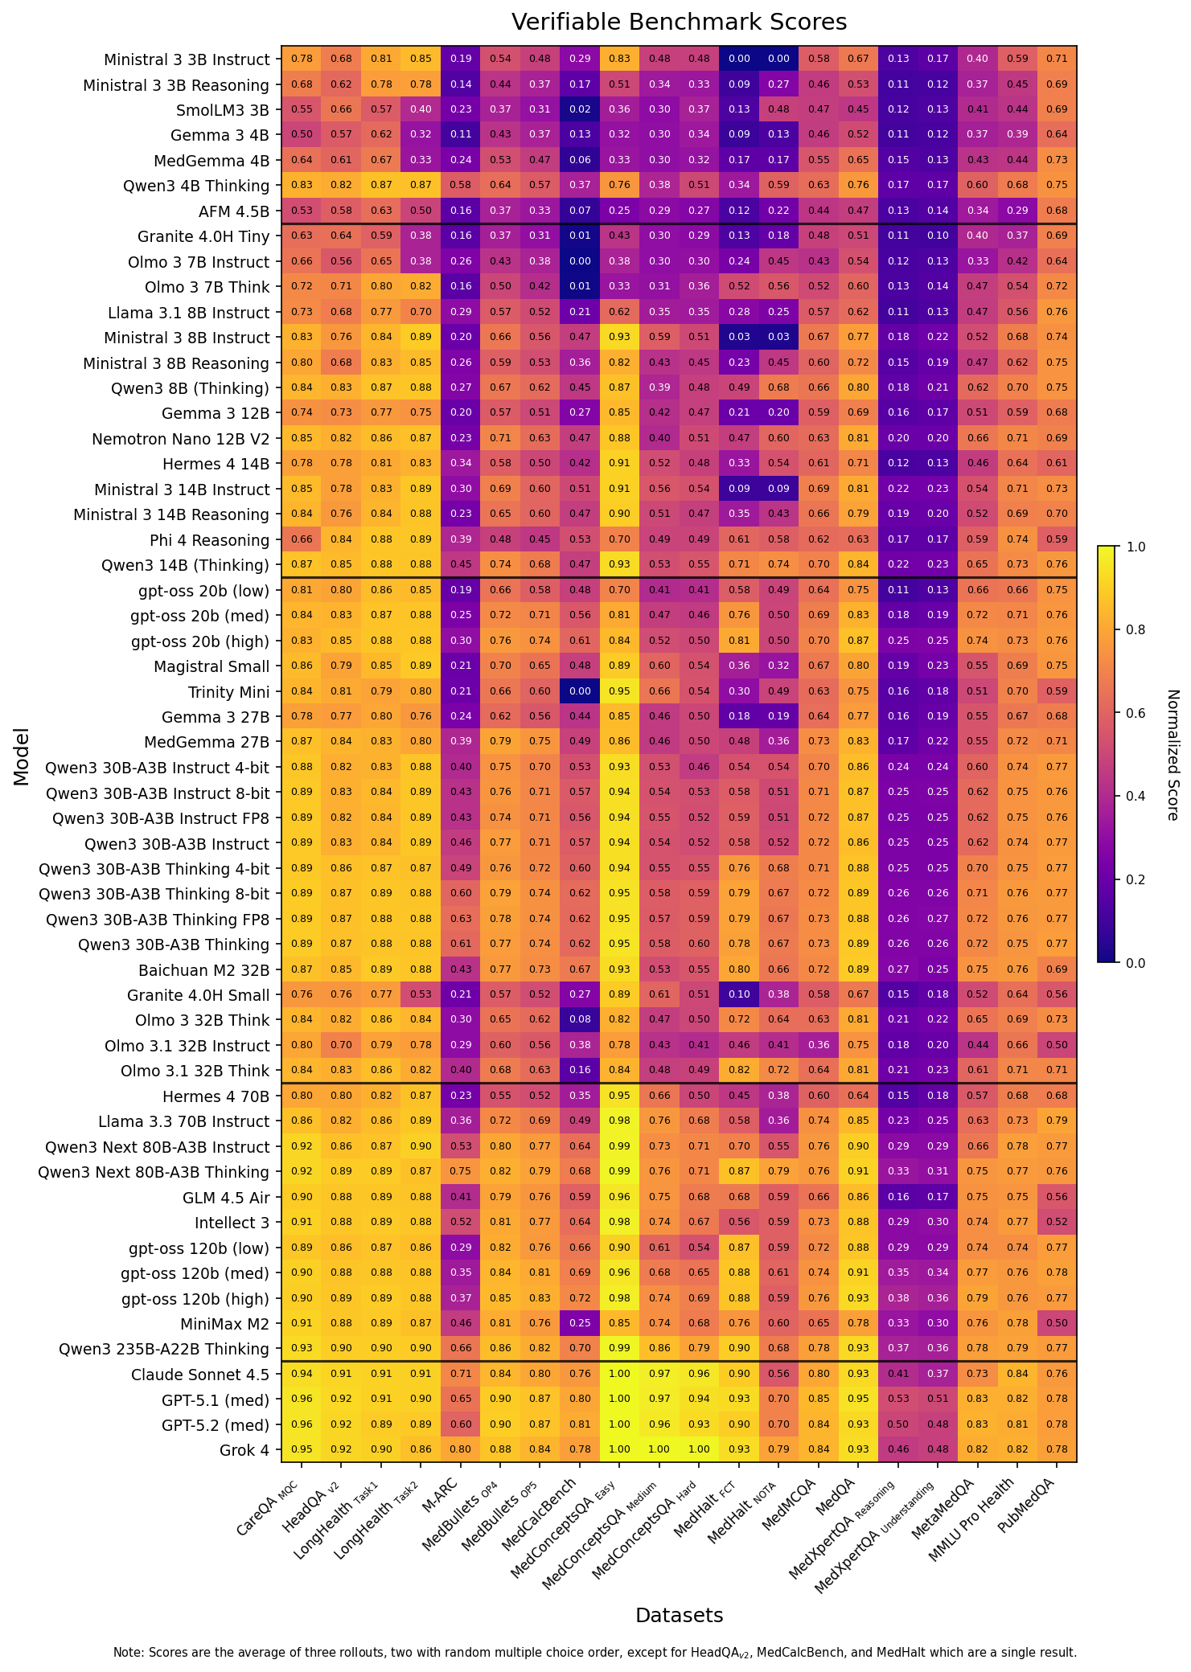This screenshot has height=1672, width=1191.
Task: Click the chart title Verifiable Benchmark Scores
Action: (x=679, y=22)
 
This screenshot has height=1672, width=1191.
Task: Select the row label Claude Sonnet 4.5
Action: (x=200, y=1375)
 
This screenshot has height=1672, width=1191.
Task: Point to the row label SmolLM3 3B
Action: (x=223, y=110)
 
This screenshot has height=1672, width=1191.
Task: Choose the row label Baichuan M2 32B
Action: (x=203, y=970)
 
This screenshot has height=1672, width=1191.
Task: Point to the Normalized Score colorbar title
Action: (x=1173, y=755)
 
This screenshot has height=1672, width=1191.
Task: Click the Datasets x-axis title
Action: (x=679, y=1615)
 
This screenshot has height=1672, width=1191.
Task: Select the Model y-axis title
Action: (x=22, y=756)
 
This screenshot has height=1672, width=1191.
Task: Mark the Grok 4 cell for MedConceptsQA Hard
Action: (x=699, y=1449)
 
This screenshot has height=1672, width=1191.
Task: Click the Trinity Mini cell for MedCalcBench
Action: (x=580, y=691)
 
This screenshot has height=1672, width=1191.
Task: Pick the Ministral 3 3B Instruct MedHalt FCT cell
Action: (x=739, y=59)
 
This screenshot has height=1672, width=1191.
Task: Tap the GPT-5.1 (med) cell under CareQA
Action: (x=302, y=1399)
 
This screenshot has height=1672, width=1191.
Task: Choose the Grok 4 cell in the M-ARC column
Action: (x=461, y=1449)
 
